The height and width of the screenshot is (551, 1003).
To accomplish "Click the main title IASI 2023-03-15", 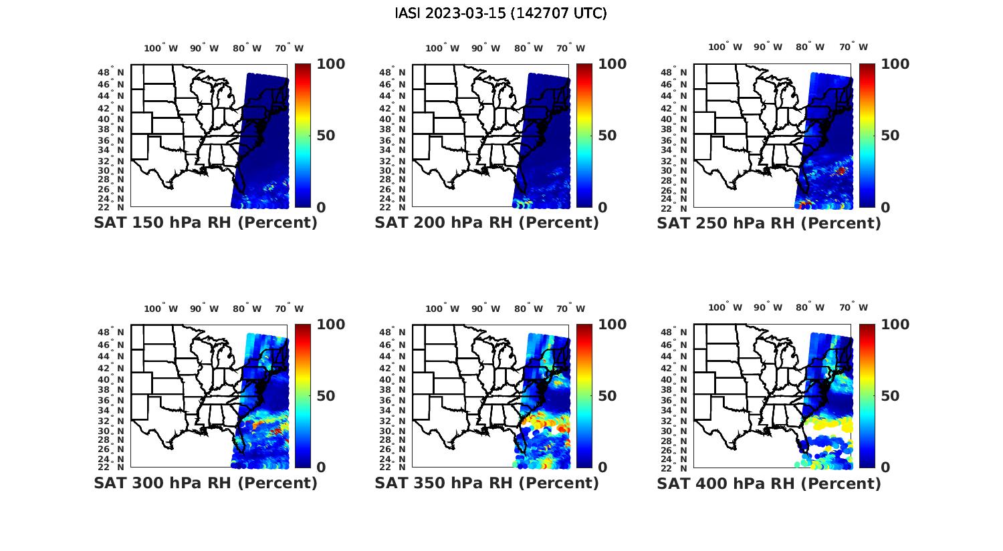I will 501,13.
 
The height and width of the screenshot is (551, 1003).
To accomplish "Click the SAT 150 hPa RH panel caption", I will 205,223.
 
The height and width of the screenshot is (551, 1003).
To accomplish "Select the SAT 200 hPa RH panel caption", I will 487,223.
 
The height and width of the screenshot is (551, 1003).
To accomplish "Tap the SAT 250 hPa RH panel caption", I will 769,223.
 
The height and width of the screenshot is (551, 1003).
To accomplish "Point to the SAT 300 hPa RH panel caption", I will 205,483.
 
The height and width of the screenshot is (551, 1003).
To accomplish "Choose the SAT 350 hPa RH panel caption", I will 487,483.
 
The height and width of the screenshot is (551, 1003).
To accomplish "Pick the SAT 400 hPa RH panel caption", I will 769,483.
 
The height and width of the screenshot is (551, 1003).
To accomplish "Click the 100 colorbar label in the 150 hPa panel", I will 330,64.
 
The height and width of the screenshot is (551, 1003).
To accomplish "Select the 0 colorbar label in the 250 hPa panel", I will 886,208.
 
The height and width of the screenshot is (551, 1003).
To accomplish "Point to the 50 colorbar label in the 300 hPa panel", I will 326,396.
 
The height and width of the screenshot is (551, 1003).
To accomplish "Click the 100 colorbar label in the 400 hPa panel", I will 895,325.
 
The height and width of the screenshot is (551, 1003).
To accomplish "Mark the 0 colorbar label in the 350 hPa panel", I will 603,468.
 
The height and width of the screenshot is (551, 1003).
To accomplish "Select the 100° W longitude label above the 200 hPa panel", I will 442,48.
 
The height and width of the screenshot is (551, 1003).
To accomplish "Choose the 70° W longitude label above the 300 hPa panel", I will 289,309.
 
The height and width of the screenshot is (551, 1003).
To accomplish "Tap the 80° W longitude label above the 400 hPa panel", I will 810,307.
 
